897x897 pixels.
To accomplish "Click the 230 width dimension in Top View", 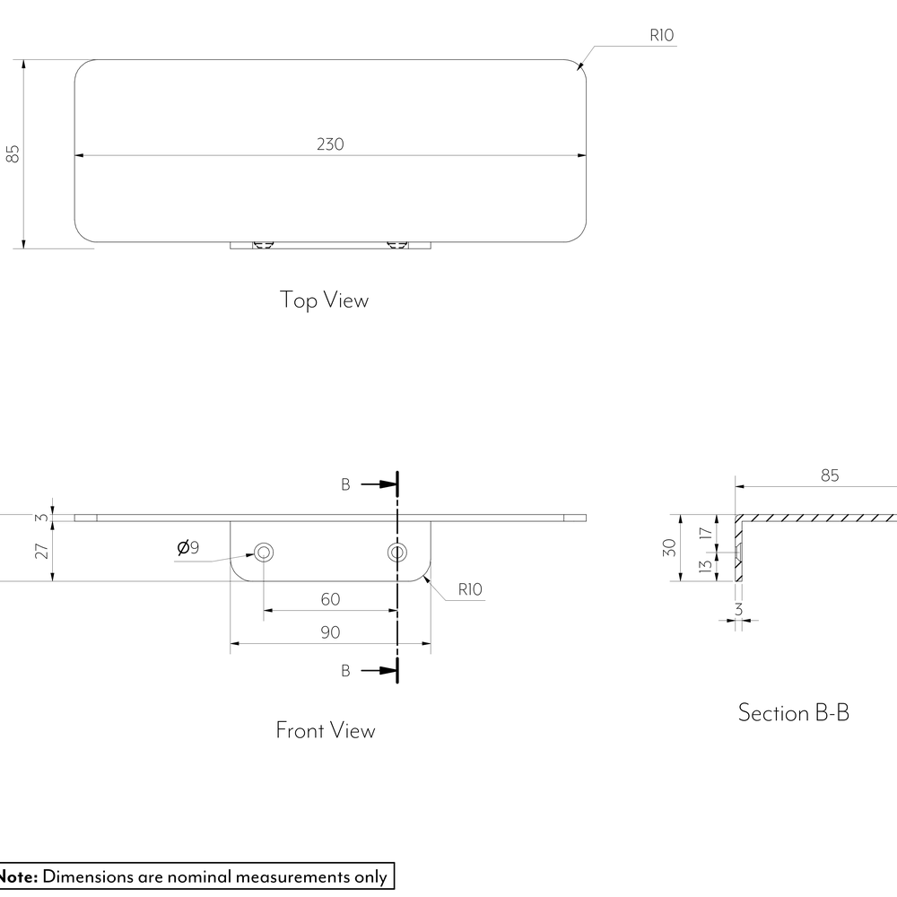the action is pos(330,144).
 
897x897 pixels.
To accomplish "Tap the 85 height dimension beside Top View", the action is pos(13,153).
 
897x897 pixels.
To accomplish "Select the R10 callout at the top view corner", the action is pos(661,36).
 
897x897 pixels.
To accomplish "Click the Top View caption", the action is pos(324,300).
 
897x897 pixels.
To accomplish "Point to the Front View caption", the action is pos(325,730).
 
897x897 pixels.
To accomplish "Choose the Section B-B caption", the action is pos(794,713).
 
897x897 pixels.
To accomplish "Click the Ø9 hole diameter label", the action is pos(188,547).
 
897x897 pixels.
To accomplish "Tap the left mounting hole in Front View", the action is pos(264,553).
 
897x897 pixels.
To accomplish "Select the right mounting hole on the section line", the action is pos(397,553).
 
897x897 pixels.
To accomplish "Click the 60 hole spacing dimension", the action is pos(330,599).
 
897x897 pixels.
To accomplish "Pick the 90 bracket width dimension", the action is pos(330,632).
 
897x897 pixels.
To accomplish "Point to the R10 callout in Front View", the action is pos(470,589).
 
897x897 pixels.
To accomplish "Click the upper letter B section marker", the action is pos(345,484).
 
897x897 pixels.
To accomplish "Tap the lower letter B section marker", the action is pos(345,670).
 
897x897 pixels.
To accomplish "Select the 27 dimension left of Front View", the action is pos(42,551).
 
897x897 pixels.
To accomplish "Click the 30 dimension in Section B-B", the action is pos(669,547).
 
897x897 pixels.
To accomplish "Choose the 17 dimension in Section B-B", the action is pos(706,533).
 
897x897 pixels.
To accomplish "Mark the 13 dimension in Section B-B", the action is pos(706,566).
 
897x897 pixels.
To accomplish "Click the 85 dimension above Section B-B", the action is pos(830,475).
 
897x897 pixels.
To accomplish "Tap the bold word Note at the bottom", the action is pos(18,876).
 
